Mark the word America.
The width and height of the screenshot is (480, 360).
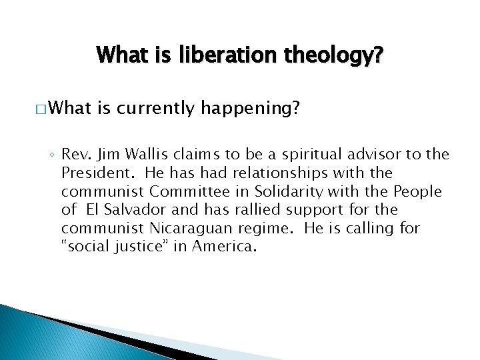[223, 247]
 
